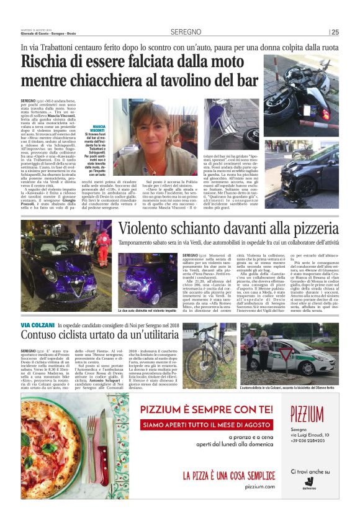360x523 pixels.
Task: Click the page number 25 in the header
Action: pos(335,32)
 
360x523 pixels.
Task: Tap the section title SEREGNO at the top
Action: pos(186,32)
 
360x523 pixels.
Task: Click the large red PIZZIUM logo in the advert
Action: pos(307,412)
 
